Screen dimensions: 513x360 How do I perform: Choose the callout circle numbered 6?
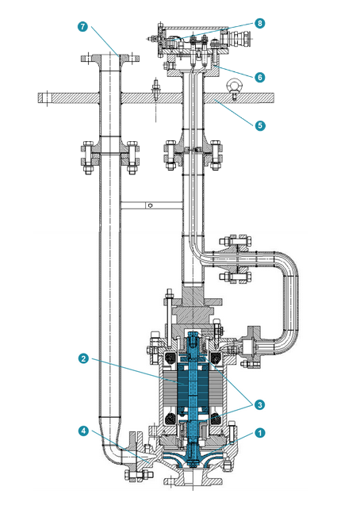point(260,76)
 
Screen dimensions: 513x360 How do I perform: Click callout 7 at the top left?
point(82,26)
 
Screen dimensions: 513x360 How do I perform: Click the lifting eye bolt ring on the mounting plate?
point(235,85)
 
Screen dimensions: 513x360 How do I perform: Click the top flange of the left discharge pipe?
point(109,58)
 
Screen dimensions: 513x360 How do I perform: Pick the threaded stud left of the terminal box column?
point(155,89)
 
